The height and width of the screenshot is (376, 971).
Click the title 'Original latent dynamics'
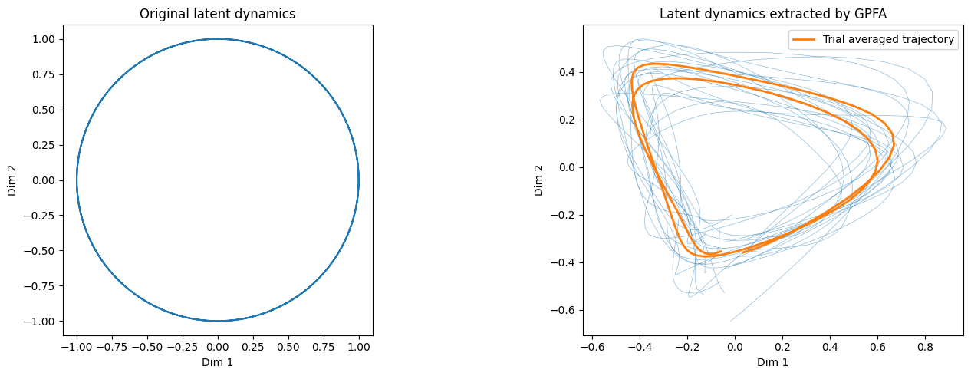pyautogui.click(x=217, y=14)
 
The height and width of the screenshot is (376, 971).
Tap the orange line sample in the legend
pyautogui.click(x=804, y=40)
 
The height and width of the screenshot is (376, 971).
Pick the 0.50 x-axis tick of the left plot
pyautogui.click(x=288, y=347)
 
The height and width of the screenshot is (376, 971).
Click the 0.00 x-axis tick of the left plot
pyautogui.click(x=218, y=347)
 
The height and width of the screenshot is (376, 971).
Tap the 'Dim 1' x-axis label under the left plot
pyautogui.click(x=217, y=362)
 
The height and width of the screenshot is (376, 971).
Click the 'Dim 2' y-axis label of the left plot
pyautogui.click(x=12, y=180)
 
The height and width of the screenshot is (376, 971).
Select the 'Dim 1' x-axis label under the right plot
pyautogui.click(x=772, y=362)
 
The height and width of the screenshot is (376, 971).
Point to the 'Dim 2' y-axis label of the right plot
pyautogui.click(x=538, y=180)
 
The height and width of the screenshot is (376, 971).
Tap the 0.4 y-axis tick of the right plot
pyautogui.click(x=567, y=72)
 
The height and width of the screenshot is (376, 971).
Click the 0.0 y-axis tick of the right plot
pyautogui.click(x=567, y=167)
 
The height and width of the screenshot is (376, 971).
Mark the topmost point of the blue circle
pyautogui.click(x=218, y=38)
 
